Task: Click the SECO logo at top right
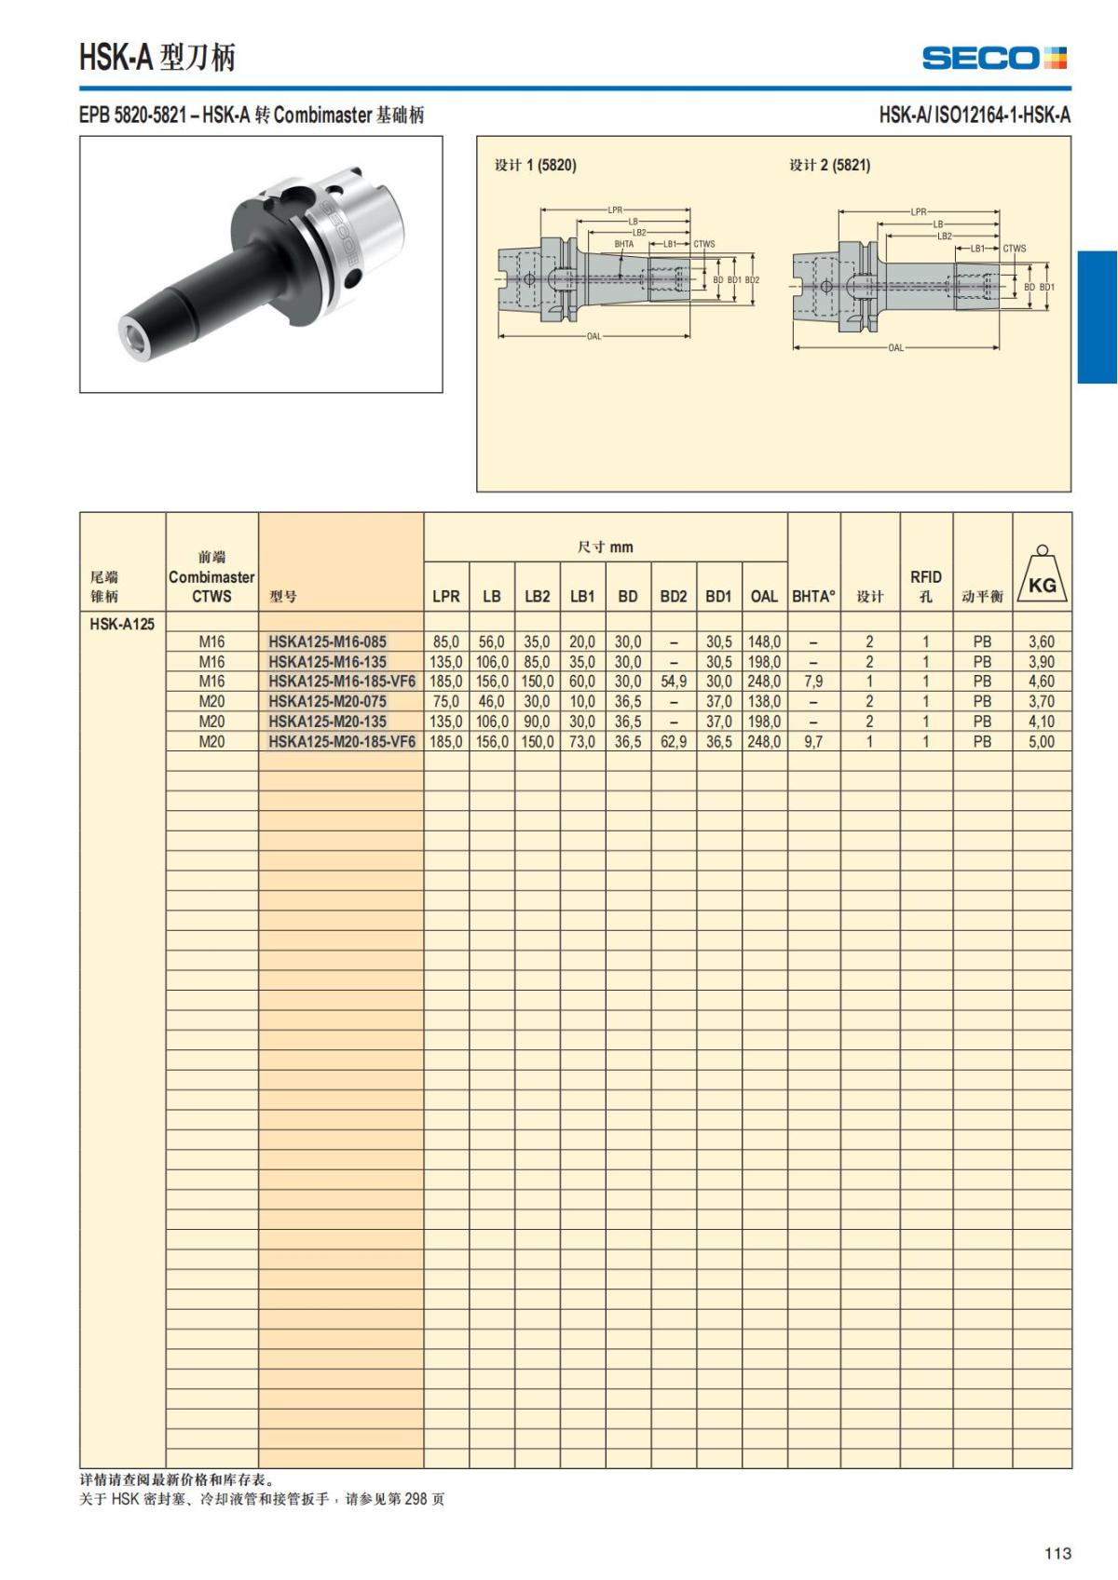click(x=994, y=58)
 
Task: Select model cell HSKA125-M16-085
click(x=328, y=641)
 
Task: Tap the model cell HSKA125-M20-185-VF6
click(x=342, y=741)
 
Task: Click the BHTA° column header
click(x=813, y=596)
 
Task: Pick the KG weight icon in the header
click(x=1042, y=577)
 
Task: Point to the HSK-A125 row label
click(x=121, y=624)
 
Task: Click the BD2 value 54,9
click(x=674, y=682)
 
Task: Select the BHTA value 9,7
click(x=813, y=741)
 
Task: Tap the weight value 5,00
click(x=1041, y=741)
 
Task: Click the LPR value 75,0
click(x=446, y=701)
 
